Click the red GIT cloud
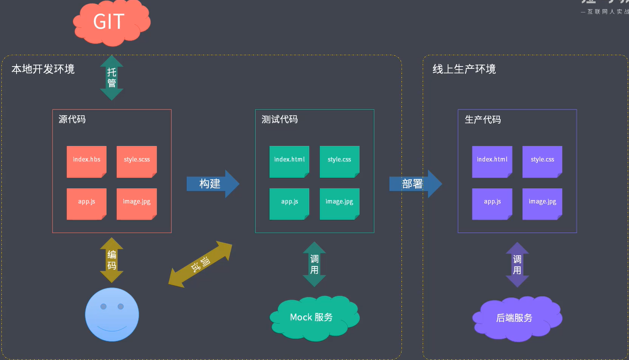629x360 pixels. pos(110,22)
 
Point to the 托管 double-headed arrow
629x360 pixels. pos(112,78)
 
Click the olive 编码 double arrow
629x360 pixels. pos(112,260)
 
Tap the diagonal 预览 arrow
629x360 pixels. pos(200,264)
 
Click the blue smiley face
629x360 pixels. pos(112,314)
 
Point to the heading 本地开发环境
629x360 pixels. pos(43,69)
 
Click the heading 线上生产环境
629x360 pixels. pos(464,69)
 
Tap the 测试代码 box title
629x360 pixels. pos(280,119)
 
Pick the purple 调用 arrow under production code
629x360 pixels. pos(517,264)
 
